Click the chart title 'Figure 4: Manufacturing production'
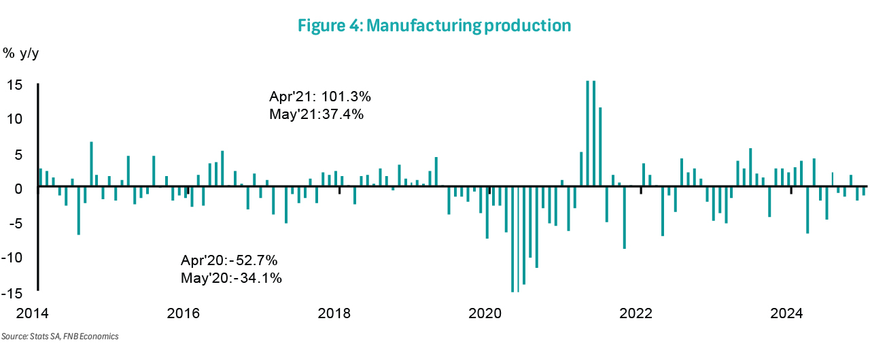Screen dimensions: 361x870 [x=434, y=25]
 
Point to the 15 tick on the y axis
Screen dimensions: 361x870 [x=16, y=85]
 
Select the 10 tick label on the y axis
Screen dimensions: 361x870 [x=16, y=119]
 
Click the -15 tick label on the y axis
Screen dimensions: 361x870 [x=13, y=293]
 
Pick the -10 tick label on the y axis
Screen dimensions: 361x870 [x=13, y=258]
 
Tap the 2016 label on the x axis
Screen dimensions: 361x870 [x=184, y=314]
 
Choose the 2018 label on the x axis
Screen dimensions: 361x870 [x=334, y=314]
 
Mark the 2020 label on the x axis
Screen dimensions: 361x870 [x=485, y=314]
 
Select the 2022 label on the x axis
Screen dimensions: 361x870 [x=636, y=314]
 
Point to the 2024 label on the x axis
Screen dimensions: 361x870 [x=787, y=314]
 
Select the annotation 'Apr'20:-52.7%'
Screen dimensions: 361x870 [x=229, y=260]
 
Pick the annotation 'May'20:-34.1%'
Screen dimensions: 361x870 [x=231, y=277]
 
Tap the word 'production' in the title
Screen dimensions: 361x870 [x=525, y=25]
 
